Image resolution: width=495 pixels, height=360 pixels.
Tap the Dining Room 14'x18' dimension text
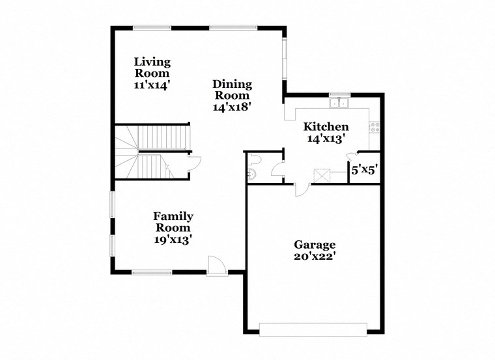232,105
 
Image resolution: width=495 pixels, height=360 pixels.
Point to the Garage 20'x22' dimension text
315,256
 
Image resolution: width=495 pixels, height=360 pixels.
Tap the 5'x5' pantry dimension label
363,171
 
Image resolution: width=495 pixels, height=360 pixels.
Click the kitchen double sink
339,102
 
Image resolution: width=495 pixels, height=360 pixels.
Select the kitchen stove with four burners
375,126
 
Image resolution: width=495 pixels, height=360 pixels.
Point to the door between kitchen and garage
302,189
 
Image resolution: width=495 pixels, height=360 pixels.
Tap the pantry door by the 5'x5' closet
352,156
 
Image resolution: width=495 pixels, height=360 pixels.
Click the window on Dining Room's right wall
284,59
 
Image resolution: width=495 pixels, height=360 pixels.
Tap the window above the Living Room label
152,27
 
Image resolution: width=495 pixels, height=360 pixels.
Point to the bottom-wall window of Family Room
152,272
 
